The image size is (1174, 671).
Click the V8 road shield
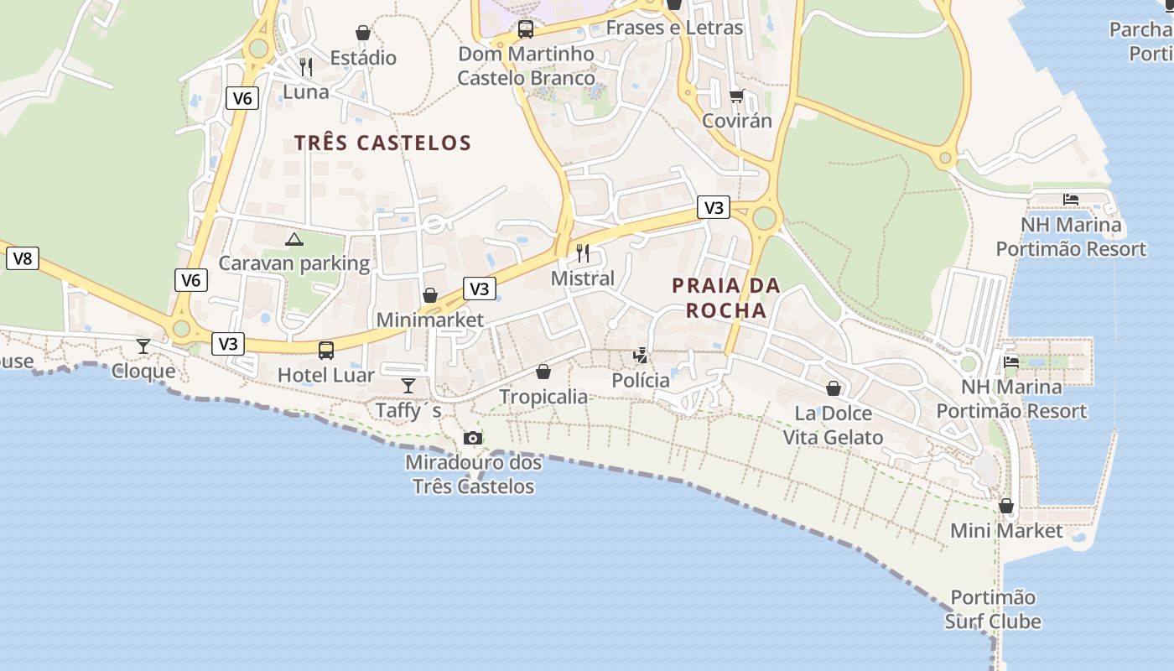pos(23,258)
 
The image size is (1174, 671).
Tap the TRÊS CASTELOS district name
pos(382,143)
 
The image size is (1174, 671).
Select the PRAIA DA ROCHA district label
pos(726,298)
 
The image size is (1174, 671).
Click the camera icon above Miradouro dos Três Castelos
pos(473,438)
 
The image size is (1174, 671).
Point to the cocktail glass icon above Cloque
pos(143,346)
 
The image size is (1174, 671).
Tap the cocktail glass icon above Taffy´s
pos(408,386)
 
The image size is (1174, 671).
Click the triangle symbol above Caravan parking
pos(294,240)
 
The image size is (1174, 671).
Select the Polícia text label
pos(641,381)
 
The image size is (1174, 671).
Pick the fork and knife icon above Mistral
pos(583,252)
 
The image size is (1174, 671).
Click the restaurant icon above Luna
pos(306,67)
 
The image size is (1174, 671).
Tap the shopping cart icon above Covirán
pos(736,96)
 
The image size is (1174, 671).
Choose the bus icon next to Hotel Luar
pos(326,351)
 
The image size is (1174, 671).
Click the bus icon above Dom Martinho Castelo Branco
pos(526,29)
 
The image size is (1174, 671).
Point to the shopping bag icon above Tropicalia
pos(543,372)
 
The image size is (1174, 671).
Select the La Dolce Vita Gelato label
pos(833,425)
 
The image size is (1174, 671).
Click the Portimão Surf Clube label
pos(993,610)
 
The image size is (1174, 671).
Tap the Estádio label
pos(363,58)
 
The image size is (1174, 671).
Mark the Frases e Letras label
pos(674,28)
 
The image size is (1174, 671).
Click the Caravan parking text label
pos(294,263)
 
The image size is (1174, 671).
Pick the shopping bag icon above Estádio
pos(363,33)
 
